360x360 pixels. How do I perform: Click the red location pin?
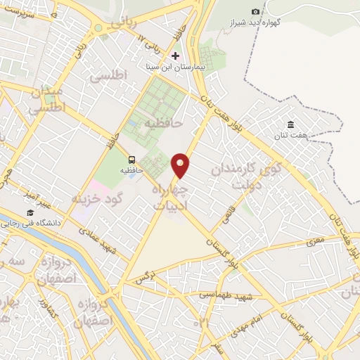pyautogui.click(x=181, y=165)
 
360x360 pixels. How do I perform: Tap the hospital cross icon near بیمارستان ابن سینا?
pyautogui.click(x=175, y=56)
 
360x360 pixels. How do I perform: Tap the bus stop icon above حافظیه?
pyautogui.click(x=131, y=159)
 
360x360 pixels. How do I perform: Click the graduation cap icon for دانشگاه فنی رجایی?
pyautogui.click(x=30, y=212)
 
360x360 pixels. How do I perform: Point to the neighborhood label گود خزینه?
pyautogui.click(x=97, y=199)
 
